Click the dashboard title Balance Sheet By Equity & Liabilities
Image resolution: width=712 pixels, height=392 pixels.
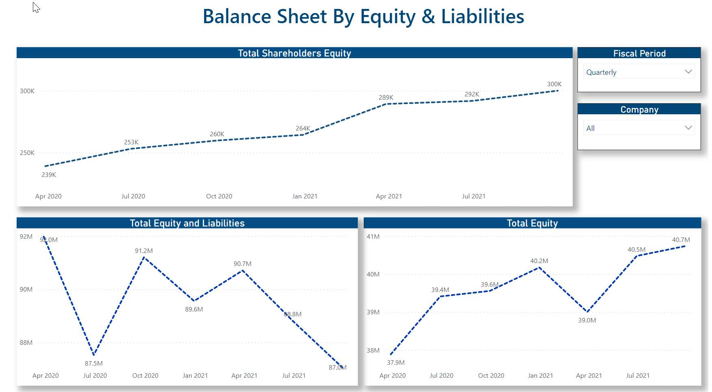[363, 17]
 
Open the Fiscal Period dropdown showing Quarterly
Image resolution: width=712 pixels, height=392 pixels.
[639, 72]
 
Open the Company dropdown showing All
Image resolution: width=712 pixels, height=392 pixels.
[639, 128]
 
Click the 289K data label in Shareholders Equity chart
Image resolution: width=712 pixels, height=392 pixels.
[386, 98]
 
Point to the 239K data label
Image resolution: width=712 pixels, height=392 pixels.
[49, 175]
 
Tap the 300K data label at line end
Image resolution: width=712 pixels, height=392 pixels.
[554, 84]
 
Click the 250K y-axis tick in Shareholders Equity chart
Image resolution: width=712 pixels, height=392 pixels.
[27, 153]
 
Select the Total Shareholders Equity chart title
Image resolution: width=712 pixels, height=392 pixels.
[294, 53]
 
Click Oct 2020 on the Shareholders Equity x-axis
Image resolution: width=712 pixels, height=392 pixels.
[219, 196]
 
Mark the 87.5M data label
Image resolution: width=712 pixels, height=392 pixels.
[94, 364]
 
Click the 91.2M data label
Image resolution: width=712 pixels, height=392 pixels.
[144, 251]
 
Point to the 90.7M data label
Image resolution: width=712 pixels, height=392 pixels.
[242, 264]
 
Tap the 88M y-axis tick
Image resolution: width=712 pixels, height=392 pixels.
[26, 343]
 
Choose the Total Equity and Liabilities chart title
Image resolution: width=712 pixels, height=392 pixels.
[187, 223]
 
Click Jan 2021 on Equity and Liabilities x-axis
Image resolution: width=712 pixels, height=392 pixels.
[195, 376]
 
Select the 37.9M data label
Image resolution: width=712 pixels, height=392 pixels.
[396, 363]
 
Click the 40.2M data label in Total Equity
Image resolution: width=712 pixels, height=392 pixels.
[539, 261]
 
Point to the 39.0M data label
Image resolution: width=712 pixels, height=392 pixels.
[587, 320]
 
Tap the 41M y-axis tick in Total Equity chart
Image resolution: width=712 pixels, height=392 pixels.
[373, 237]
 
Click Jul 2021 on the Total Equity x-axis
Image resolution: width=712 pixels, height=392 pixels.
[638, 376]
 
